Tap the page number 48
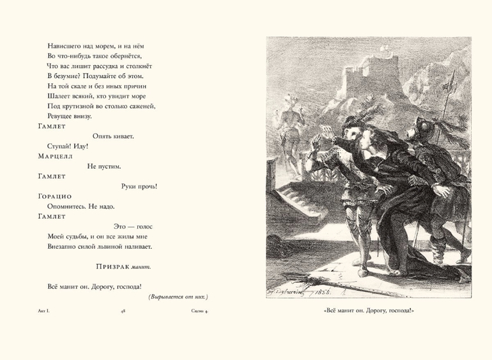[123, 311]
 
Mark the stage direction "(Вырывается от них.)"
[178, 297]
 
